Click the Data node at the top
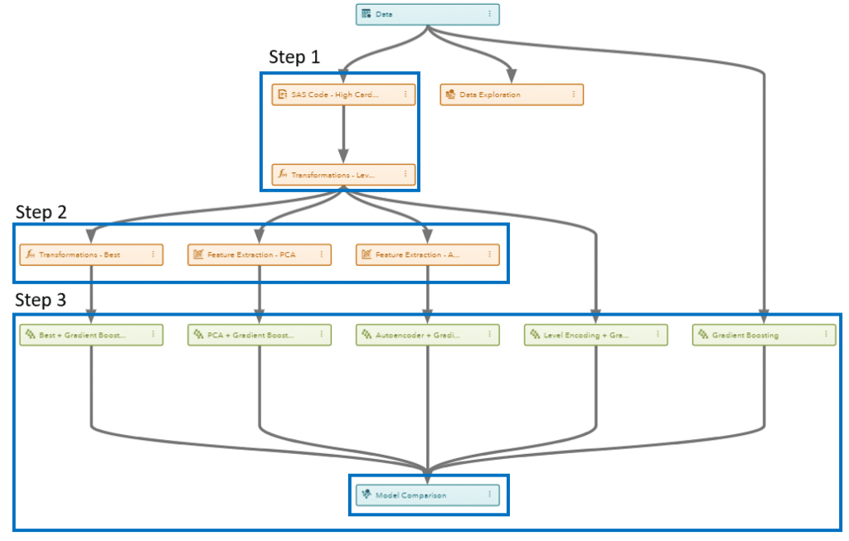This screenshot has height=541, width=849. [427, 14]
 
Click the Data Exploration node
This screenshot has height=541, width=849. [511, 94]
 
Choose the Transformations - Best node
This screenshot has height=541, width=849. [90, 254]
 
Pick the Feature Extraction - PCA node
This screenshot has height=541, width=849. [259, 254]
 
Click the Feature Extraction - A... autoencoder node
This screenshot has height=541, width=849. [427, 254]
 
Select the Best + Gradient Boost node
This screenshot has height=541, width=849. [90, 335]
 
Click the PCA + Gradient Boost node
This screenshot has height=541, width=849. [259, 335]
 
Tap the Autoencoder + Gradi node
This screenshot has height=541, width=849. [427, 335]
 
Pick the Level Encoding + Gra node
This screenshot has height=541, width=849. [595, 335]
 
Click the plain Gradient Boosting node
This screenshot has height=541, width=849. [764, 335]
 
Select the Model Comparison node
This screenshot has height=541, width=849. [427, 495]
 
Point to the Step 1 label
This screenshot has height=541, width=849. [294, 56]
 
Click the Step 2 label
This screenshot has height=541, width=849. [41, 211]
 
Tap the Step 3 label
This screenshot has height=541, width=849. [41, 300]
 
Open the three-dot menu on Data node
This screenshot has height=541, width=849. [489, 14]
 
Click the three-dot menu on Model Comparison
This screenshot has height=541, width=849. [489, 495]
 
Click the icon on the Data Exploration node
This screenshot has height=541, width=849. [450, 94]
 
